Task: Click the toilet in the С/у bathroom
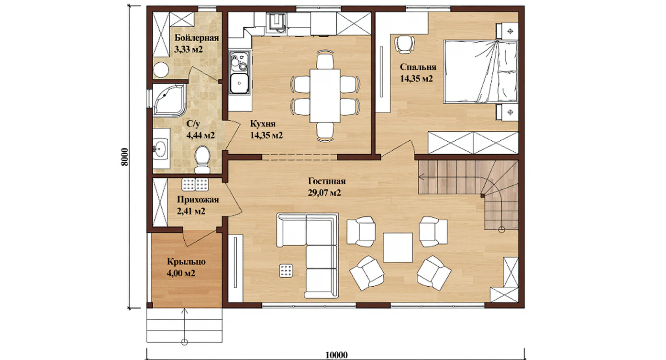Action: click(x=202, y=159)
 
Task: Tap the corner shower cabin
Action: click(x=169, y=100)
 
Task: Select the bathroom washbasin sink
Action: click(x=161, y=148)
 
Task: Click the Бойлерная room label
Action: click(x=197, y=38)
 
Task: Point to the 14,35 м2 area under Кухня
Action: click(x=266, y=135)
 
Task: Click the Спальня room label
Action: click(x=418, y=67)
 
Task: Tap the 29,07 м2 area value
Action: click(x=324, y=193)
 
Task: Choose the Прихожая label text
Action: click(x=198, y=199)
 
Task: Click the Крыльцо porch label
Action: click(x=187, y=262)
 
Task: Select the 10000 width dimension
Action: click(x=336, y=355)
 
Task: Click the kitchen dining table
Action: click(x=325, y=95)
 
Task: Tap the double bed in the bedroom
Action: click(x=480, y=72)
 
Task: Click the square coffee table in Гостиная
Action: click(x=398, y=247)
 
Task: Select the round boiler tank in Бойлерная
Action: click(x=161, y=70)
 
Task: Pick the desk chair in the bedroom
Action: click(x=404, y=44)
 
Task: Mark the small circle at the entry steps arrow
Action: click(x=185, y=342)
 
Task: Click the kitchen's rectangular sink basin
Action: click(x=239, y=84)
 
